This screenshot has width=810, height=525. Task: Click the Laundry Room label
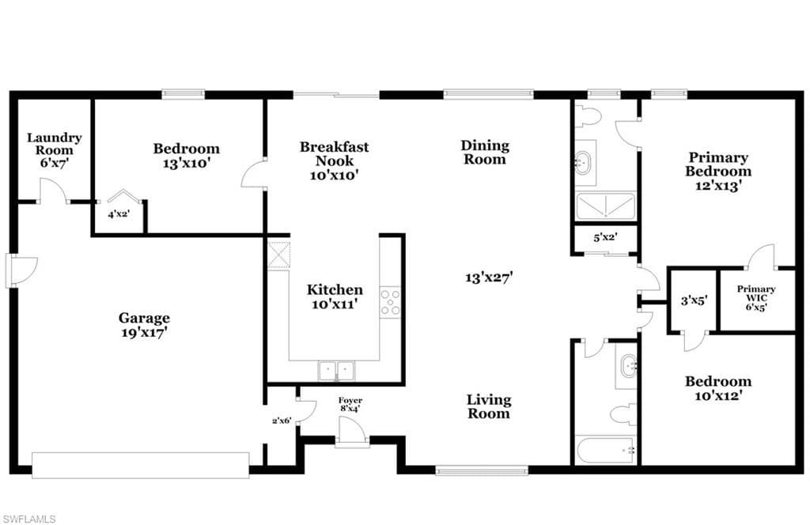tap(55, 144)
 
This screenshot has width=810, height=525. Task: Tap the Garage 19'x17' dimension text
tap(144, 333)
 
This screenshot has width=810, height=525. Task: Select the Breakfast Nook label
tap(335, 154)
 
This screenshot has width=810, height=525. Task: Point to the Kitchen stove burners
tap(390, 303)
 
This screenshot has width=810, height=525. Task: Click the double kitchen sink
tap(336, 371)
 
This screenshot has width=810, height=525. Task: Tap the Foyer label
tap(350, 400)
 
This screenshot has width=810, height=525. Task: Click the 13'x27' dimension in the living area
tap(489, 278)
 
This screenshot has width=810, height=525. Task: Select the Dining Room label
tap(485, 153)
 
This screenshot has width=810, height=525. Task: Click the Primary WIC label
tap(755, 293)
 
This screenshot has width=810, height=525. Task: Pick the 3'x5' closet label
tap(693, 300)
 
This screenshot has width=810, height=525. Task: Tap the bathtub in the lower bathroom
tap(605, 451)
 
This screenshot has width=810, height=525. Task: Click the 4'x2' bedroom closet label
tap(119, 213)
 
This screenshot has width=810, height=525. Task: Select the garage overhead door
tap(141, 465)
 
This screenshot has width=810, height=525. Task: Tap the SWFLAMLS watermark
tap(28, 519)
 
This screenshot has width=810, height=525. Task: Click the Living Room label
tap(489, 406)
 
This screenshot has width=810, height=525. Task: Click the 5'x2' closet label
tap(605, 238)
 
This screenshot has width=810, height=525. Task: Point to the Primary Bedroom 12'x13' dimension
tap(718, 185)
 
